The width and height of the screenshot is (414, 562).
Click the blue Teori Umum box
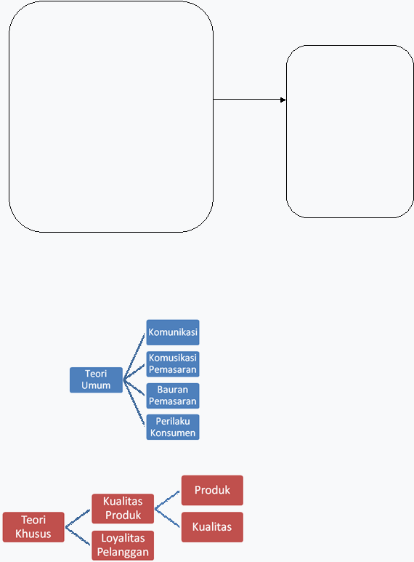(96, 380)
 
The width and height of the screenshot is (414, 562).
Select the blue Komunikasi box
(173, 332)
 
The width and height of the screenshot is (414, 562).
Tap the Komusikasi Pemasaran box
(173, 364)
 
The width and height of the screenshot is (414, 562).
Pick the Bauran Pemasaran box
(173, 396)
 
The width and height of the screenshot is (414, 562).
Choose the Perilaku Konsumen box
(173, 427)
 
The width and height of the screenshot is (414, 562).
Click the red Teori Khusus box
(33, 527)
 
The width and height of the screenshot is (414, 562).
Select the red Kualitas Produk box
(123, 509)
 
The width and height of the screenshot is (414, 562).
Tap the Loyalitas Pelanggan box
(123, 545)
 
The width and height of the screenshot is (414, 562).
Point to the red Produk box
(212, 490)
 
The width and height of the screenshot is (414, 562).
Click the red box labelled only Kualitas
(212, 527)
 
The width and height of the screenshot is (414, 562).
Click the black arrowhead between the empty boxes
(283, 100)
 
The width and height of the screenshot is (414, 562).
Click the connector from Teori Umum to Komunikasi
(134, 356)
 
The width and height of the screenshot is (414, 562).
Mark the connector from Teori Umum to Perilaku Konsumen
(134, 403)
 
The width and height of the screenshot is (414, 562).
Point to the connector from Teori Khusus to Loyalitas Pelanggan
(78, 536)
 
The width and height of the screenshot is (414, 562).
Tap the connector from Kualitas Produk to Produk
(167, 499)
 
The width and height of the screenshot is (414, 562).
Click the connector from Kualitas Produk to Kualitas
(167, 518)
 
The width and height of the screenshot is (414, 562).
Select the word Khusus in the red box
(33, 534)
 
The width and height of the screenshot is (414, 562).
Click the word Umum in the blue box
(96, 385)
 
